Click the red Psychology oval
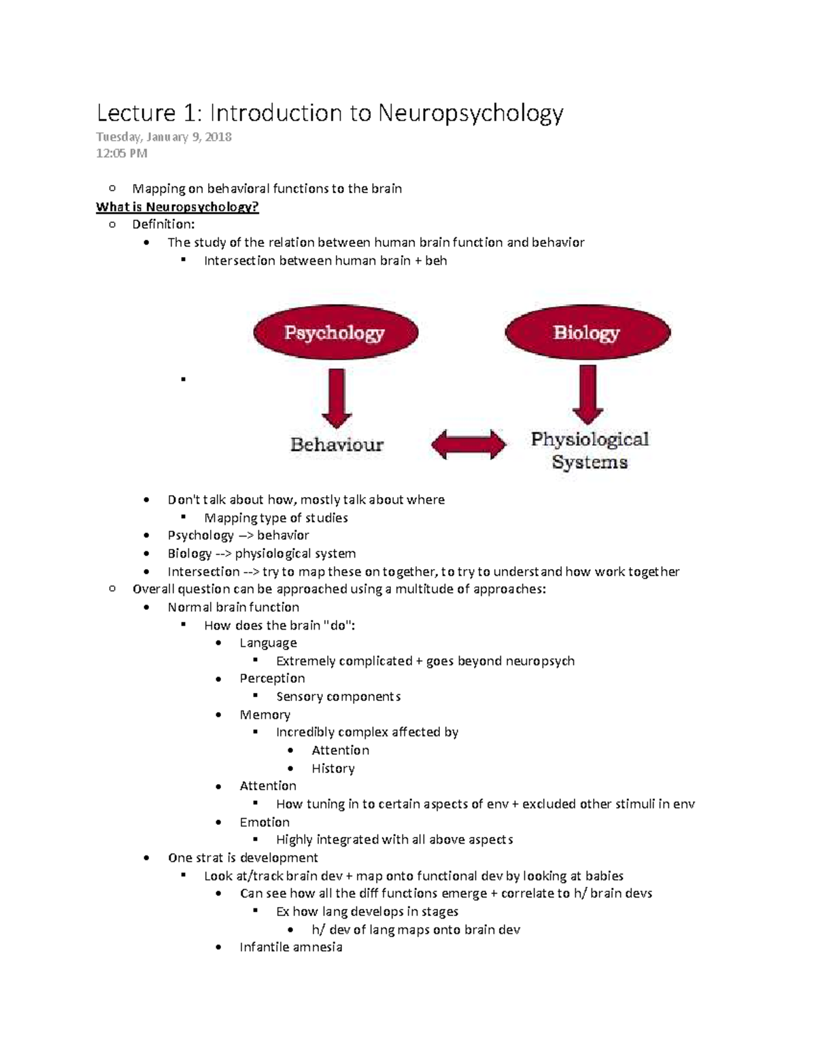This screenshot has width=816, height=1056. (x=335, y=333)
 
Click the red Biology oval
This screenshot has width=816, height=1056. (x=587, y=333)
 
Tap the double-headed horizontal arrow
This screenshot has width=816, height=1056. (x=469, y=445)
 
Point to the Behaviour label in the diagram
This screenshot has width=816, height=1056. (x=337, y=445)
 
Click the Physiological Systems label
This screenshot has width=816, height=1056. (x=590, y=451)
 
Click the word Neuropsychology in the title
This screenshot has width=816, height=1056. (x=471, y=113)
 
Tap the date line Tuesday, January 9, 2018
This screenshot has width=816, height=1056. (x=164, y=137)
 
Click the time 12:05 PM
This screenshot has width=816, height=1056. (x=122, y=153)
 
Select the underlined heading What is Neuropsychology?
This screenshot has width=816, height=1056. (x=177, y=207)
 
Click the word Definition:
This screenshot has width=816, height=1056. (x=163, y=224)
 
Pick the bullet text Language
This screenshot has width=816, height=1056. (x=268, y=643)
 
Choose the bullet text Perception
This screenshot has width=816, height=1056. (x=272, y=678)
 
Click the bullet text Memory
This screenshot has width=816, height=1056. (x=265, y=715)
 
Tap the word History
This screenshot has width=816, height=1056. (x=333, y=768)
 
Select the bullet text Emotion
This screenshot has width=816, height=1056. (x=265, y=822)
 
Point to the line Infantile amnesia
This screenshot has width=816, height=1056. (x=290, y=947)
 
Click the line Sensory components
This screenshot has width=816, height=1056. (x=338, y=696)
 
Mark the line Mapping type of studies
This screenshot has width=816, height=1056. (x=275, y=517)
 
